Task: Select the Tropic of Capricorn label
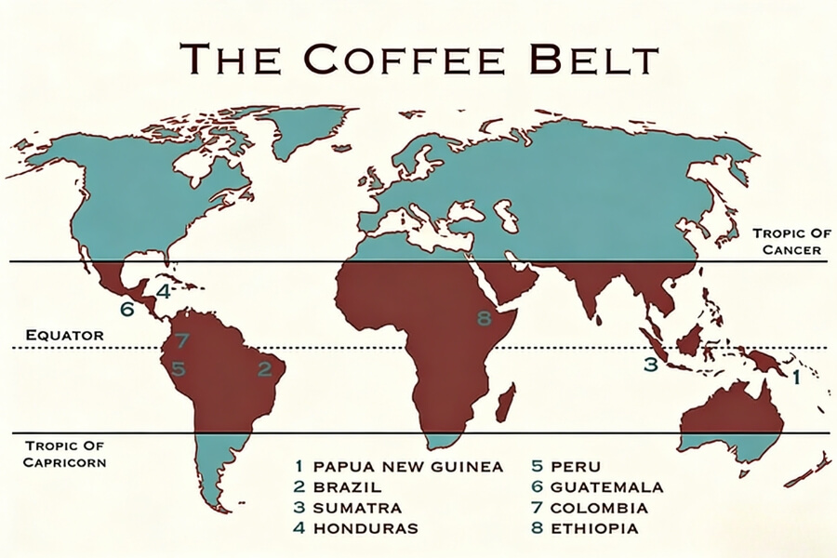pyautogui.click(x=64, y=453)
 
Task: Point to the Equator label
pyautogui.click(x=64, y=334)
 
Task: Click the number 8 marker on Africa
pyautogui.click(x=483, y=319)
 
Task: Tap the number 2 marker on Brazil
pyautogui.click(x=265, y=369)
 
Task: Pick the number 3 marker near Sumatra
pyautogui.click(x=651, y=365)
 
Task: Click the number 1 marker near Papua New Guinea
pyautogui.click(x=795, y=378)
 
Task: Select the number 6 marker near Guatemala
pyautogui.click(x=126, y=309)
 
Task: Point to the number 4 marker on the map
pyautogui.click(x=163, y=291)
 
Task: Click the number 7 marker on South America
pyautogui.click(x=182, y=341)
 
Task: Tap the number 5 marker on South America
pyautogui.click(x=178, y=369)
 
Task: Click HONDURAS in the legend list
pyautogui.click(x=365, y=528)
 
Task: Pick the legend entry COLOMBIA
pyautogui.click(x=599, y=508)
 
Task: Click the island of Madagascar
pyautogui.click(x=506, y=404)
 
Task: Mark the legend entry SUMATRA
pyautogui.click(x=357, y=508)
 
